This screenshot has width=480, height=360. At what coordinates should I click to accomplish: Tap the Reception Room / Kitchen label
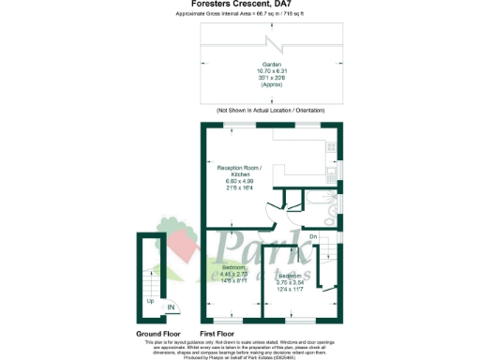pos(241,170)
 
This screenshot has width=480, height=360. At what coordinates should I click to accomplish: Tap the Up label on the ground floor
pos(150,301)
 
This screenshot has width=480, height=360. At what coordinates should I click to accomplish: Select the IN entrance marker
pos(171,307)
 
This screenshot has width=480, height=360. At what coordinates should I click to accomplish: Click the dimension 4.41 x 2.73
pos(233,274)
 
